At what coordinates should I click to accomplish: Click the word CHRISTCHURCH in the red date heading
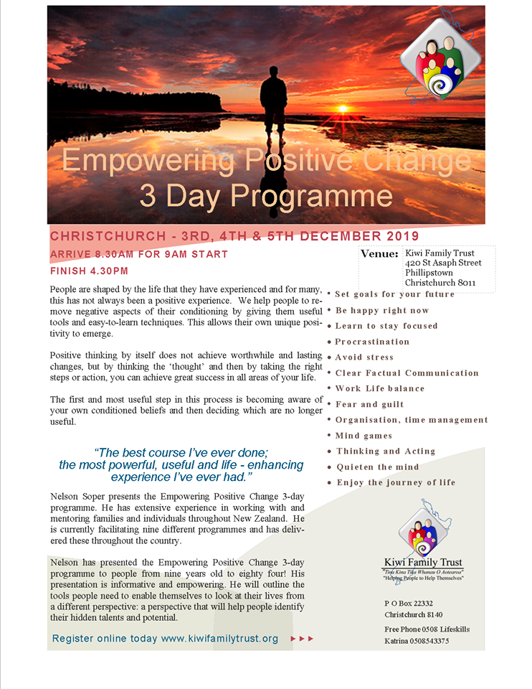(x=96, y=237)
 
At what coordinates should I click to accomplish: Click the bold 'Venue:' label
(x=379, y=254)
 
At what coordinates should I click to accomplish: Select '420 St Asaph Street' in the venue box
(x=443, y=263)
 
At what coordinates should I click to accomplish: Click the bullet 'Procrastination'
(x=372, y=342)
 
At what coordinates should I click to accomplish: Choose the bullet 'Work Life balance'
(x=380, y=388)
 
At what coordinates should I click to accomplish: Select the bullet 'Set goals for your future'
(x=394, y=294)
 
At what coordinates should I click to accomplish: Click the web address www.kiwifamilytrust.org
(x=219, y=638)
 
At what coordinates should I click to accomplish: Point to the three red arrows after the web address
(x=302, y=638)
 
